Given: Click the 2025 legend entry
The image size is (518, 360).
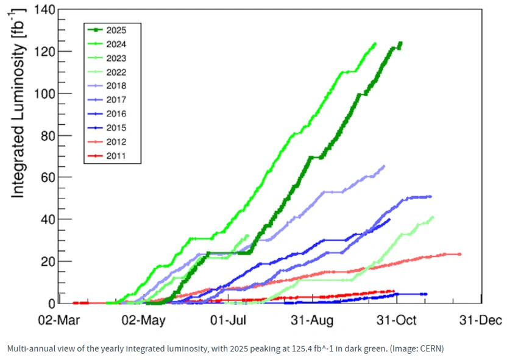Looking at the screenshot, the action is (x=107, y=30).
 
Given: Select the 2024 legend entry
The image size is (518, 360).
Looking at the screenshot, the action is (x=107, y=44).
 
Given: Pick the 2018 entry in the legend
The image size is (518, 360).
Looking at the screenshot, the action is (x=107, y=86).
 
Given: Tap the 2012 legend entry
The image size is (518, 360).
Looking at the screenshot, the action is (x=107, y=142).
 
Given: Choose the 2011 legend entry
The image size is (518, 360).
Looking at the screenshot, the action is (x=107, y=156).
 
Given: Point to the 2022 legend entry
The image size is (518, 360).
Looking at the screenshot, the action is (x=107, y=72).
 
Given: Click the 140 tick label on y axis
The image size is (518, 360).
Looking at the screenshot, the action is (x=44, y=10).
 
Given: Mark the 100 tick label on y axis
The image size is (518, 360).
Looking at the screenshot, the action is (x=44, y=94).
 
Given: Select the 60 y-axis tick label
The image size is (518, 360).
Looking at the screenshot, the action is (x=48, y=177).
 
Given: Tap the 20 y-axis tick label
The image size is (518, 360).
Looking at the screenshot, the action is (x=48, y=261).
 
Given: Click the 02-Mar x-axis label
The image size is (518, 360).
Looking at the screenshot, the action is (x=59, y=320).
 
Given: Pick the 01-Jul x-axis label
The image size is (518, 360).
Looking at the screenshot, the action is (x=229, y=320).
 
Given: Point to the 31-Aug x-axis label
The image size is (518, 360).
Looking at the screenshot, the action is (x=312, y=320).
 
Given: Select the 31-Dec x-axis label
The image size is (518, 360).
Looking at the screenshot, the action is (x=481, y=320).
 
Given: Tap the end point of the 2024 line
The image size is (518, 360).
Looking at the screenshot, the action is (x=375, y=43).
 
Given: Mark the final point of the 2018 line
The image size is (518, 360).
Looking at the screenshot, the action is (x=384, y=166).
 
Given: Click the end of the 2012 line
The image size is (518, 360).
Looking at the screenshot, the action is (x=460, y=254).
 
